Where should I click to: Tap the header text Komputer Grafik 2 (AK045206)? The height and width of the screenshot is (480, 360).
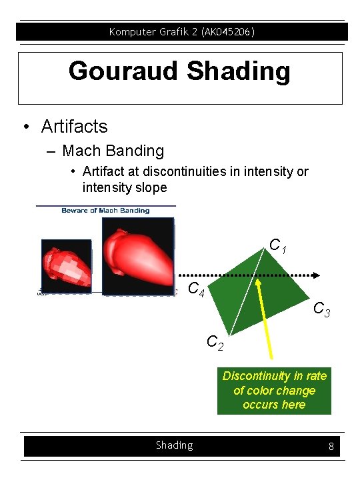click(x=181, y=31)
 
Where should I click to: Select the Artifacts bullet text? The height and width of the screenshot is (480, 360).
click(x=74, y=126)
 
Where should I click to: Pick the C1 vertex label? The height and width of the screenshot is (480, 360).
click(x=278, y=246)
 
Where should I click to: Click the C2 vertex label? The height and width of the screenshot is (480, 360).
click(x=215, y=343)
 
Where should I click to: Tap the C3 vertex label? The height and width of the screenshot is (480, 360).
click(x=322, y=309)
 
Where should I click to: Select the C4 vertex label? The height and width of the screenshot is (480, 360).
click(x=197, y=289)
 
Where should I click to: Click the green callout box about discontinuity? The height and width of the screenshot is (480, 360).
click(x=274, y=390)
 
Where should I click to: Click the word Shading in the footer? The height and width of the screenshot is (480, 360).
click(x=174, y=445)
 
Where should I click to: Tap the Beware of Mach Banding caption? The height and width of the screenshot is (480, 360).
click(x=105, y=211)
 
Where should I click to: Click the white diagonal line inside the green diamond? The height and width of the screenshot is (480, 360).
click(x=244, y=293)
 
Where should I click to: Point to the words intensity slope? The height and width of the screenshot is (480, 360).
click(x=125, y=187)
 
